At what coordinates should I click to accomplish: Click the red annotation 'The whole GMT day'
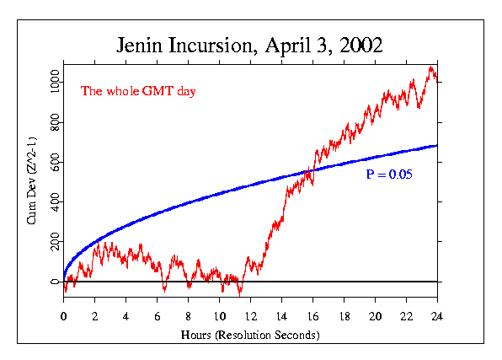point(138,91)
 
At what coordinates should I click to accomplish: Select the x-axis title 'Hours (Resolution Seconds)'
point(251,336)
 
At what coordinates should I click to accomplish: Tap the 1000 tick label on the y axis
point(54,83)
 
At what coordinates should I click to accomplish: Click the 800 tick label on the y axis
point(54,123)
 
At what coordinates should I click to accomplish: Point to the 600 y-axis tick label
point(54,163)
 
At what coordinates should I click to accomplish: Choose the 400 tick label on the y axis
point(54,202)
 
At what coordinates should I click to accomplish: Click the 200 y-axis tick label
point(54,242)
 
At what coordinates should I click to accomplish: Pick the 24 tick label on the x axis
point(437,317)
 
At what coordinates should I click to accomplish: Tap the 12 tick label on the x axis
point(250,317)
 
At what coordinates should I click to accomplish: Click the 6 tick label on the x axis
point(157,317)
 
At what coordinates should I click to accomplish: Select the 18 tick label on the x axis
point(344,317)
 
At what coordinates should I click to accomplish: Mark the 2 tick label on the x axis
point(94,317)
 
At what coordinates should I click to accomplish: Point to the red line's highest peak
point(431,67)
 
